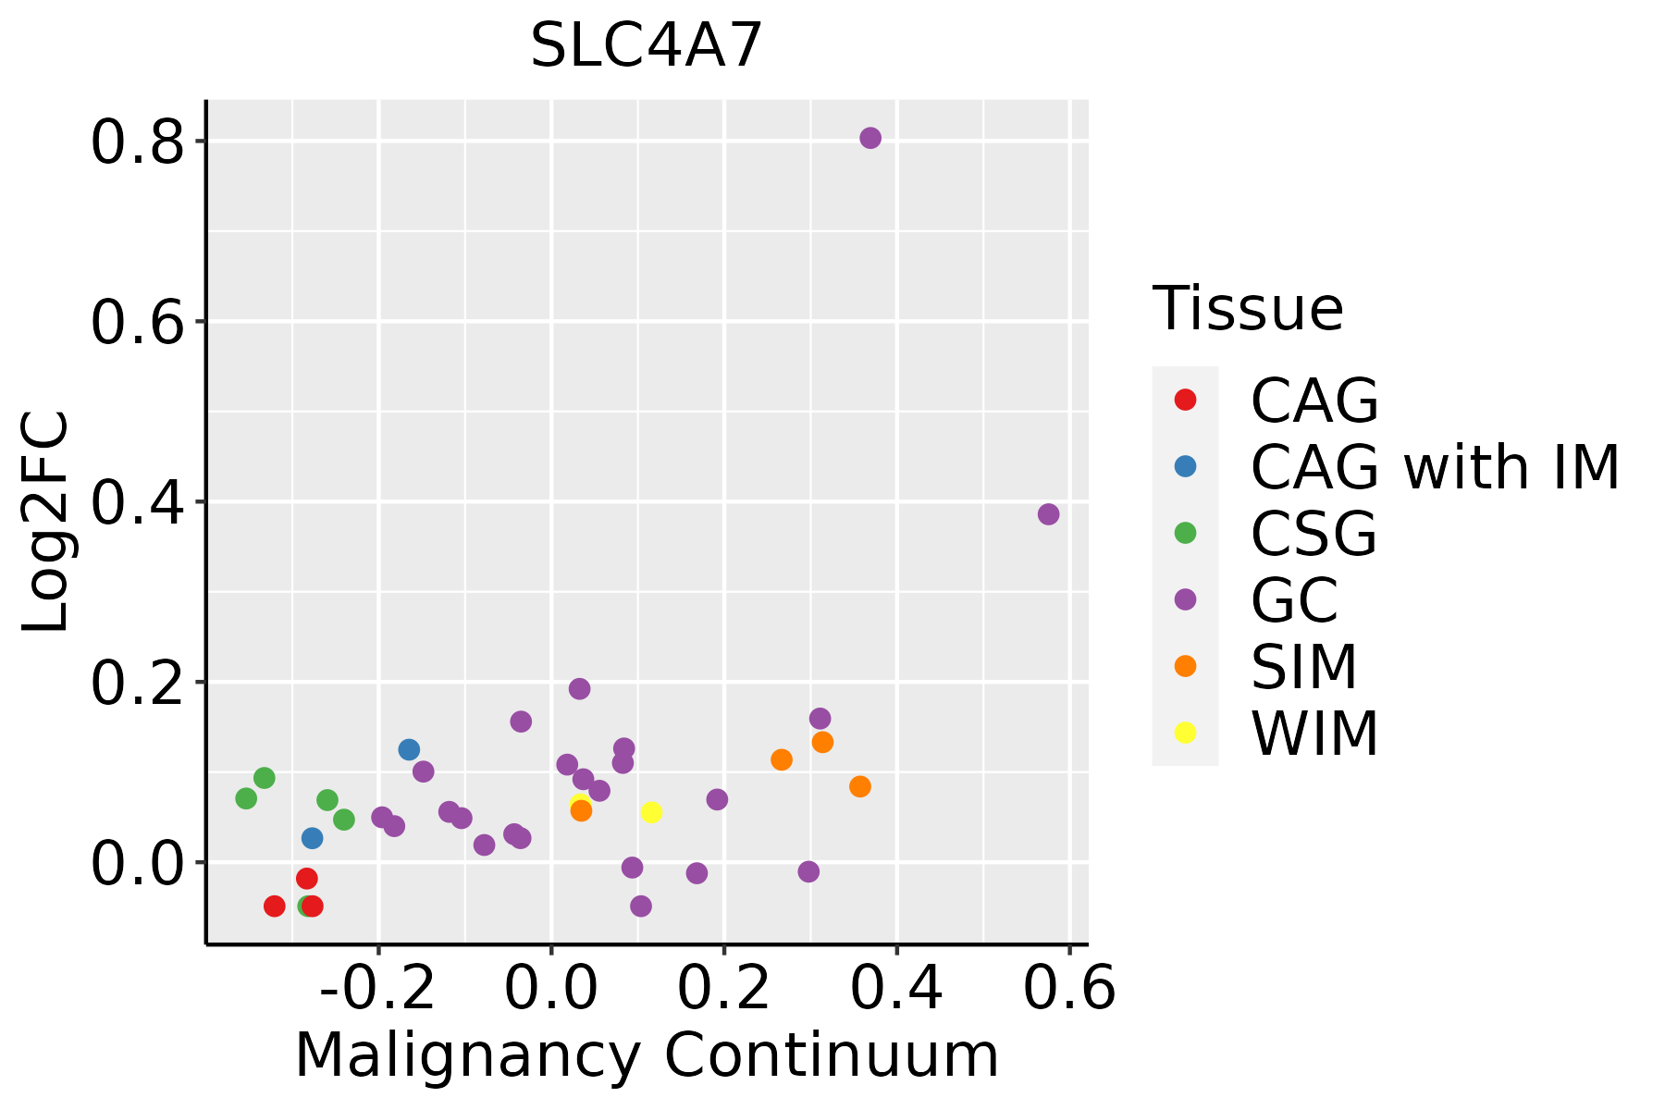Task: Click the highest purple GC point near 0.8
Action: pyautogui.click(x=870, y=138)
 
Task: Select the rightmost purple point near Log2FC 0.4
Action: pyautogui.click(x=1048, y=514)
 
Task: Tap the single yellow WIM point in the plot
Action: pyautogui.click(x=651, y=812)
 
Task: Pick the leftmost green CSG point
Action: pyautogui.click(x=246, y=798)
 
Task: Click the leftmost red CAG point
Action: pyautogui.click(x=274, y=906)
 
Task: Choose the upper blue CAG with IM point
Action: pyautogui.click(x=409, y=749)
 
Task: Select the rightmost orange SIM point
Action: pyautogui.click(x=860, y=786)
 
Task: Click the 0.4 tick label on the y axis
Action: pyautogui.click(x=137, y=504)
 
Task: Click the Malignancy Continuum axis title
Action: pyautogui.click(x=647, y=1055)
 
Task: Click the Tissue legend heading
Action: pyautogui.click(x=1248, y=309)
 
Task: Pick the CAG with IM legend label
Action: pyautogui.click(x=1435, y=467)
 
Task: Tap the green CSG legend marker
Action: pyautogui.click(x=1185, y=533)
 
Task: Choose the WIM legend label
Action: pyautogui.click(x=1314, y=734)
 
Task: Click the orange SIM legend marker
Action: pyautogui.click(x=1185, y=666)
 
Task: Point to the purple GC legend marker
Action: pyautogui.click(x=1185, y=599)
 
